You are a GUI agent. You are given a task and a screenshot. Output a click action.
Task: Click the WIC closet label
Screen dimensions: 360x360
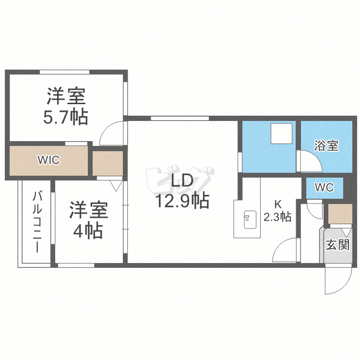click(49, 160)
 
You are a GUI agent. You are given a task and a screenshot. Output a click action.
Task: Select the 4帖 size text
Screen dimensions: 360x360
click(88, 231)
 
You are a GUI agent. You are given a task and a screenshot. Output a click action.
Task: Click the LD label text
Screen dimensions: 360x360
click(181, 181)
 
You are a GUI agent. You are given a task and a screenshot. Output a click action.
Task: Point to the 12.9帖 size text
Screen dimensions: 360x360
click(181, 201)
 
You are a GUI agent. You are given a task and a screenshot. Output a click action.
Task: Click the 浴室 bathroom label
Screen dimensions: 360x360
click(326, 146)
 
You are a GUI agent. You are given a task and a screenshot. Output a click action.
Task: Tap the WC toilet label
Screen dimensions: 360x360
click(324, 187)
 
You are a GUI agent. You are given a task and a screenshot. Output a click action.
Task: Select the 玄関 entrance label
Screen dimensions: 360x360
click(337, 245)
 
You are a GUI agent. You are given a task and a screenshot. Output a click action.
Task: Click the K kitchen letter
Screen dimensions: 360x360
click(278, 204)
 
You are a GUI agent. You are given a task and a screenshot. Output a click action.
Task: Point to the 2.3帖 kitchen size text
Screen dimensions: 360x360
click(278, 217)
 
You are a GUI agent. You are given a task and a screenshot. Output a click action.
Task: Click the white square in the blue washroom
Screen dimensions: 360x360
click(281, 133)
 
